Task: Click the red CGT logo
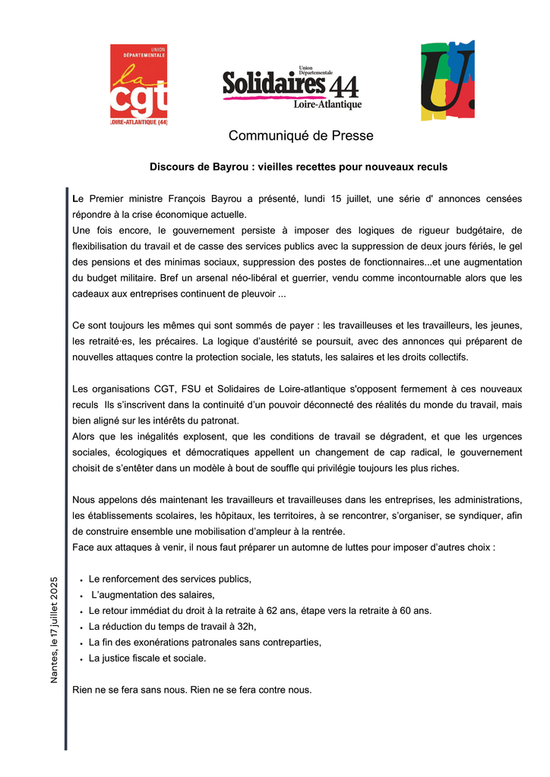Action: coord(138,85)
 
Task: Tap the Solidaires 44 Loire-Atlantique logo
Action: coord(292,87)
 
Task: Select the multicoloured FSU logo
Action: coord(448,80)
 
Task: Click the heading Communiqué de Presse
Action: coord(290,137)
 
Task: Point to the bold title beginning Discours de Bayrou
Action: coord(299,166)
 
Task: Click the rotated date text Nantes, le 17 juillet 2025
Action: coord(54,629)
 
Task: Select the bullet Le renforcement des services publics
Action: coord(169,579)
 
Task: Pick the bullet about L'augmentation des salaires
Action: coord(153,595)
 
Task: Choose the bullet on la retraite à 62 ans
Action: coord(260,611)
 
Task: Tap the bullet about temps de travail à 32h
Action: coord(172,627)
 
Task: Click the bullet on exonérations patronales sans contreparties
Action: coord(204,643)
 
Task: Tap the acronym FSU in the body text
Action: coord(193,389)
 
